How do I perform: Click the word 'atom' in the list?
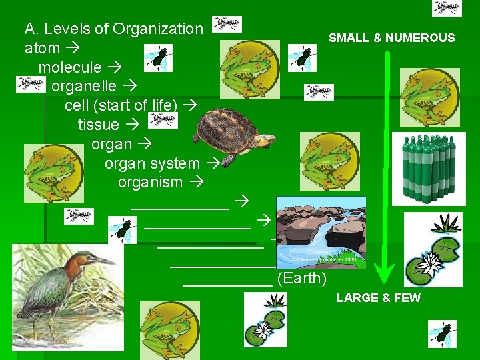(x=41, y=49)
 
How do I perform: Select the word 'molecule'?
(x=70, y=67)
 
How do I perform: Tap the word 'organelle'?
(x=84, y=87)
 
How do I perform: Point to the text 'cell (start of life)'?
(x=121, y=105)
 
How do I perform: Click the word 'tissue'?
(x=98, y=125)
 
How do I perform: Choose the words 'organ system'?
(x=152, y=163)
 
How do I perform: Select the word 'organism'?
(x=150, y=182)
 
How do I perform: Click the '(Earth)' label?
(x=301, y=278)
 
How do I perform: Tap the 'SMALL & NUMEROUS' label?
(x=391, y=38)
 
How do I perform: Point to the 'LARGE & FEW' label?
(x=379, y=298)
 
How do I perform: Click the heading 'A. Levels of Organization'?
(x=113, y=29)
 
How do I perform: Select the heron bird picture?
(x=67, y=291)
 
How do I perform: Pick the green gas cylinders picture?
(x=429, y=167)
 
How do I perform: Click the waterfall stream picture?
(x=321, y=231)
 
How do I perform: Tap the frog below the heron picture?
(x=170, y=330)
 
